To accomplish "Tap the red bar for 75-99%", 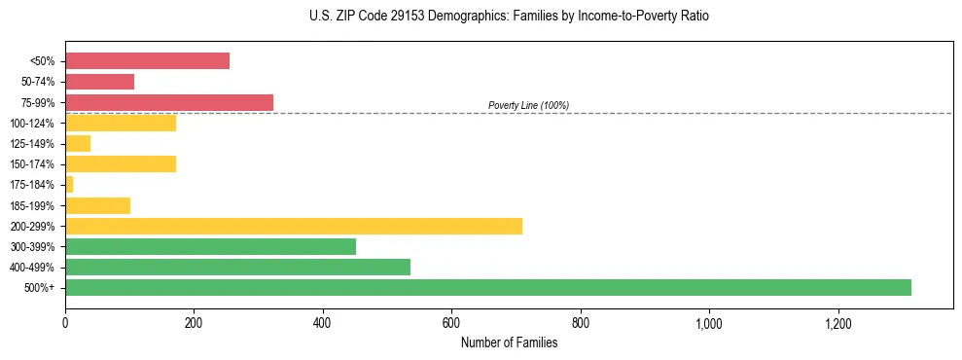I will (169, 102).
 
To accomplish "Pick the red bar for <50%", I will (147, 60).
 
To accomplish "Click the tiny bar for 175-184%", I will (69, 184).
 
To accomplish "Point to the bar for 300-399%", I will (210, 246).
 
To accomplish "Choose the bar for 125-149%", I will (78, 143).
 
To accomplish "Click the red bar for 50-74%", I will (99, 82).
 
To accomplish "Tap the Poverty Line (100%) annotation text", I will (528, 105).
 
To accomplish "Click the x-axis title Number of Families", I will (509, 342).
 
